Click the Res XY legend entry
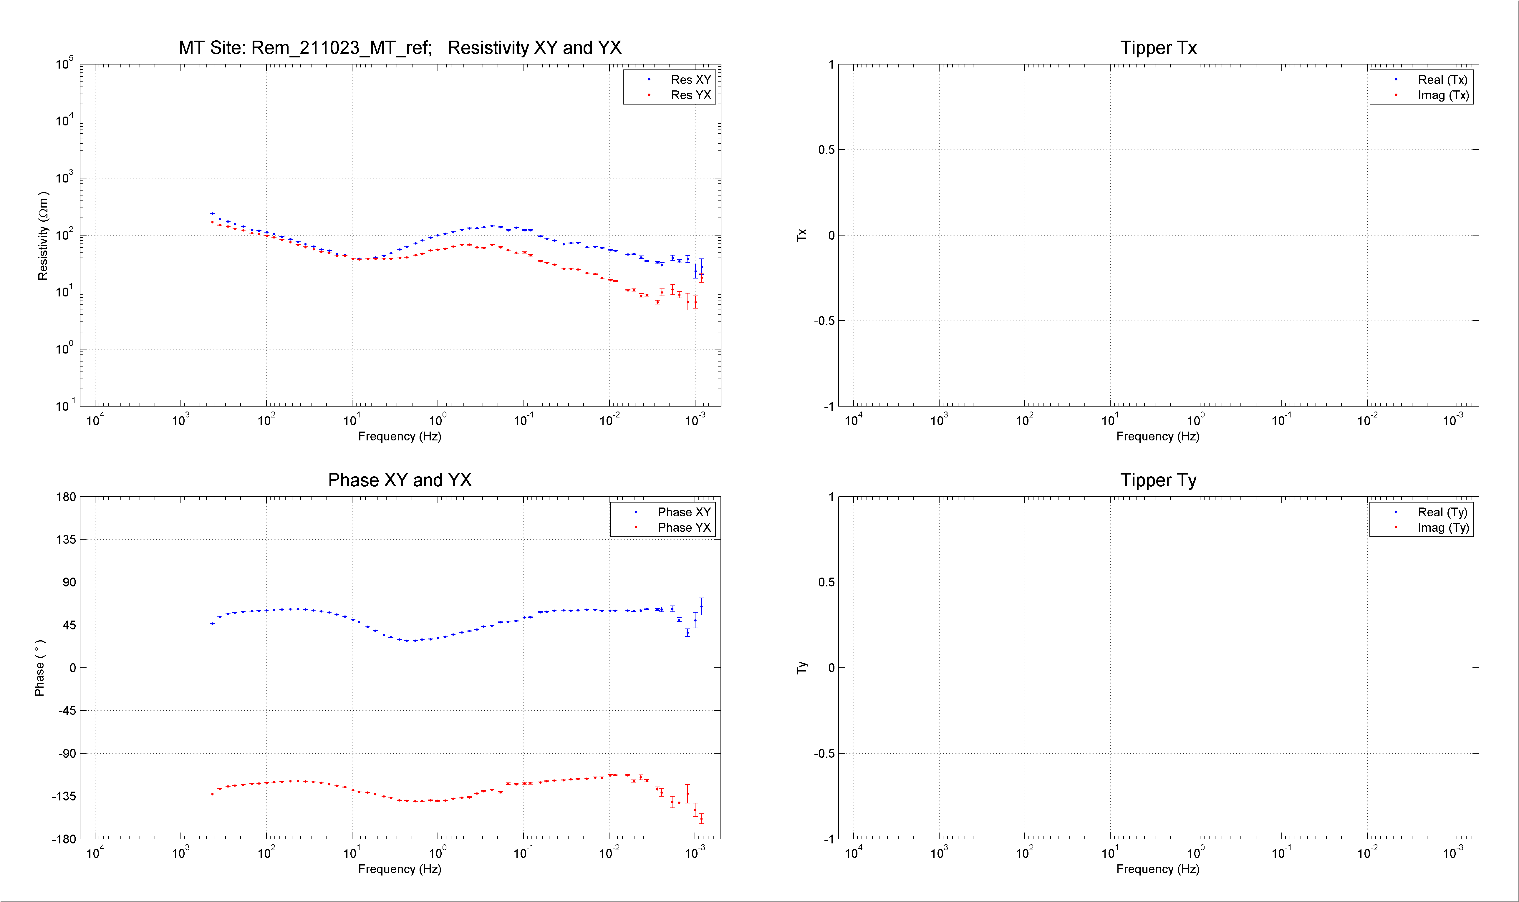pos(690,79)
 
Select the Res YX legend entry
pos(690,95)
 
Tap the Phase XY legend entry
pos(684,513)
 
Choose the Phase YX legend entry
pos(684,528)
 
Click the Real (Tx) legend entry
pos(1442,79)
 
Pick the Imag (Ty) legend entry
pos(1443,528)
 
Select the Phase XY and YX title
pos(400,480)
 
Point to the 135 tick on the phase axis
pos(66,540)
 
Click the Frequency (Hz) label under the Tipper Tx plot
pos(1158,436)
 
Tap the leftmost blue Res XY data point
pos(212,213)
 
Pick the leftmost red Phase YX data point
pos(212,794)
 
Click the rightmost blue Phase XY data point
pos(701,606)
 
